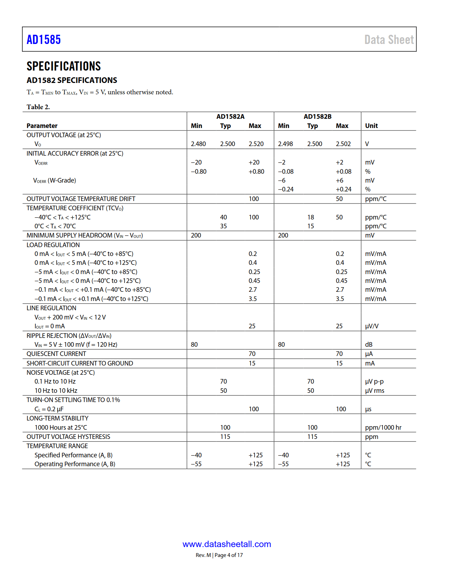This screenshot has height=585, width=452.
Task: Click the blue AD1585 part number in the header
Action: tap(44, 39)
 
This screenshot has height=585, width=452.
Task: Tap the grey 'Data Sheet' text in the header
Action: tap(389, 40)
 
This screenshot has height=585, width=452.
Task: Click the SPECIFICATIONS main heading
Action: tap(64, 66)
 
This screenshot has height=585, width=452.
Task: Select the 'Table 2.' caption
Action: tap(38, 107)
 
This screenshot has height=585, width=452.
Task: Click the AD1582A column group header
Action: tap(230, 117)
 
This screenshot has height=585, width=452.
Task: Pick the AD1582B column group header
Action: tap(318, 117)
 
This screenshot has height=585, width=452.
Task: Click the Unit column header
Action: tap(371, 126)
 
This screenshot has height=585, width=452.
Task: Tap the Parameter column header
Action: tap(42, 126)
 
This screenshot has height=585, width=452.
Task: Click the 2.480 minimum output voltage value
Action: tap(198, 144)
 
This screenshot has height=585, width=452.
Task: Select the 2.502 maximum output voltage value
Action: tap(343, 144)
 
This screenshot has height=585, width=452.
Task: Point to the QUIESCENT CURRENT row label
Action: tap(56, 354)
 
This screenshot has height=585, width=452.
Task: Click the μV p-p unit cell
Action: tap(374, 381)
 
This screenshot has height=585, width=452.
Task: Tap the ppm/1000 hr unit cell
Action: tap(383, 428)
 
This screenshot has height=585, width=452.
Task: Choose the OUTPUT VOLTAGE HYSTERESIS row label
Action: tap(68, 437)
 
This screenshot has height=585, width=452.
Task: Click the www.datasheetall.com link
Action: tap(227, 544)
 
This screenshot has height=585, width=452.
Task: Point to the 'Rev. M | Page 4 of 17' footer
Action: tap(219, 555)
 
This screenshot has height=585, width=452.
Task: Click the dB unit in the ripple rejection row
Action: tap(369, 345)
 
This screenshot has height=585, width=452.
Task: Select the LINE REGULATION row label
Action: tap(51, 308)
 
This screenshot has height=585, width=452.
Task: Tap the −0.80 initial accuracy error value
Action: tap(199, 172)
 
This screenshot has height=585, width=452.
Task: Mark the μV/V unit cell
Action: tap(372, 326)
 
